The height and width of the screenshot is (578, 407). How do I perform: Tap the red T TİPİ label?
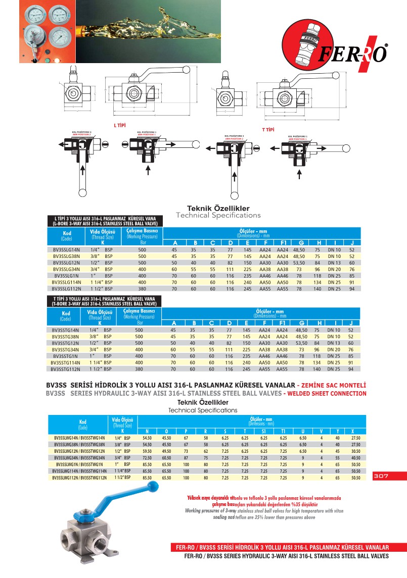coord(268,130)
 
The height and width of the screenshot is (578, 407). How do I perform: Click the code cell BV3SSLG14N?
coord(67,249)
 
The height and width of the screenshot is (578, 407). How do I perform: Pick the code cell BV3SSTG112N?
coord(66,369)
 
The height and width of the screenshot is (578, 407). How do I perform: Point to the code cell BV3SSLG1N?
coord(67,276)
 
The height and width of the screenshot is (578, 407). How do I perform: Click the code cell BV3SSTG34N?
coord(66,349)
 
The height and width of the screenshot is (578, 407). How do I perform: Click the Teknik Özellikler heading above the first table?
coord(218,208)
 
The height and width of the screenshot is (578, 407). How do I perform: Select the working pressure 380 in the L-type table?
coord(142,289)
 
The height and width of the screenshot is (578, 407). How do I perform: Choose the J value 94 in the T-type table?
coord(350,369)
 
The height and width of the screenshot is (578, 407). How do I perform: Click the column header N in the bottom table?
coord(147,431)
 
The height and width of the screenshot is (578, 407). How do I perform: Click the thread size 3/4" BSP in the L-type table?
coord(101,269)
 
